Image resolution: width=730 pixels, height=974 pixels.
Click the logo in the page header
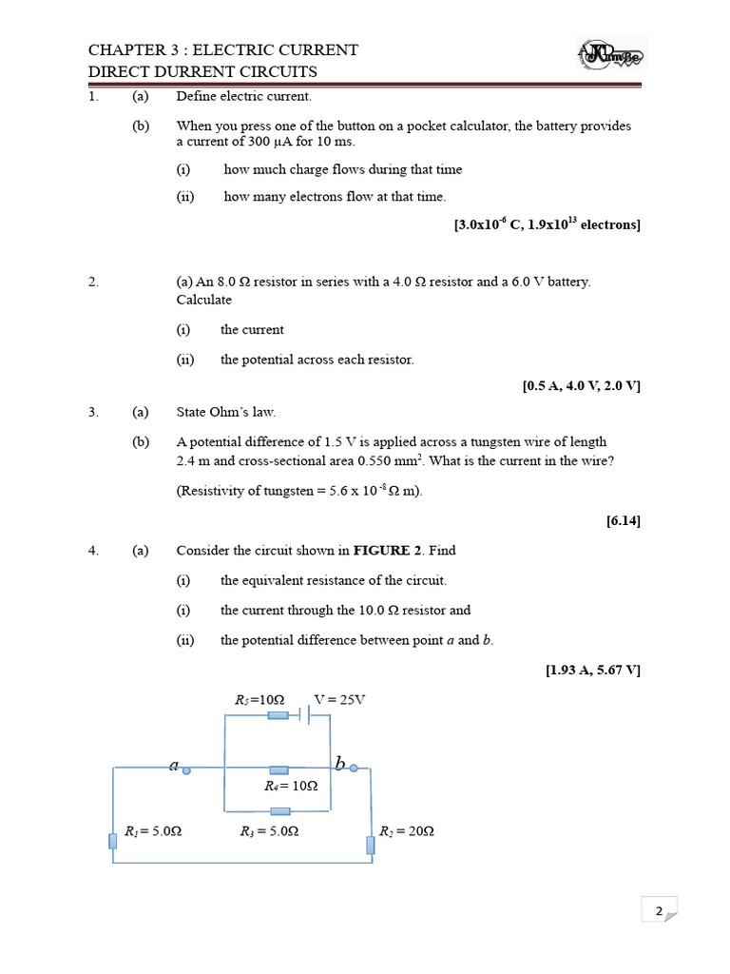(x=611, y=55)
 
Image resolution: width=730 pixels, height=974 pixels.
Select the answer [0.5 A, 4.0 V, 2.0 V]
(x=582, y=386)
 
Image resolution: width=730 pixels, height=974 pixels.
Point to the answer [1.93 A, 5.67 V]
(x=593, y=670)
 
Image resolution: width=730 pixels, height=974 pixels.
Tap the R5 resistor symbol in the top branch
(x=278, y=714)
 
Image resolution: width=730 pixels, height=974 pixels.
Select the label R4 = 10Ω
(x=291, y=787)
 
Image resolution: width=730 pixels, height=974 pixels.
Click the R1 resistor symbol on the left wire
(x=113, y=839)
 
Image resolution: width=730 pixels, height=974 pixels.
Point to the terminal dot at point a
(x=186, y=770)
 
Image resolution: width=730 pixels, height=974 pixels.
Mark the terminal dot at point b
(x=354, y=768)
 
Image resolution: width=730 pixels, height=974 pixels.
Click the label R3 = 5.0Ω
(x=270, y=831)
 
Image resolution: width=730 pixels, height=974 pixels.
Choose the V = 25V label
(x=339, y=700)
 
